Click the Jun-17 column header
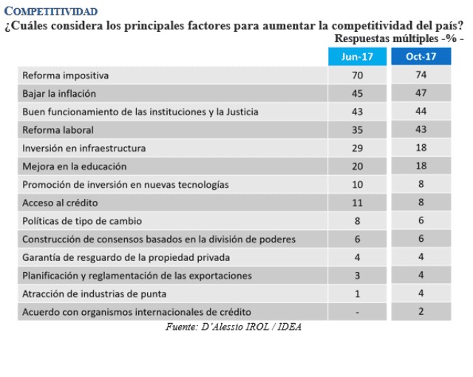[x=358, y=56]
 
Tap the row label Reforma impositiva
[x=66, y=75]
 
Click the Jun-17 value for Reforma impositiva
[x=358, y=75]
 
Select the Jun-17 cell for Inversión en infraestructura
[x=358, y=148]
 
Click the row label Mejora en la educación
[x=75, y=166]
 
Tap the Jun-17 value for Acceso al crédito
[x=358, y=203]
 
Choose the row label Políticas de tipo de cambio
[x=82, y=220]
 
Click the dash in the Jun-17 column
[x=358, y=312]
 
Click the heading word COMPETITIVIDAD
[x=50, y=13]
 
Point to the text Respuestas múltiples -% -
[x=399, y=38]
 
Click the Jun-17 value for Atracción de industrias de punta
[x=358, y=293]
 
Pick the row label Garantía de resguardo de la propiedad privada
[x=126, y=257]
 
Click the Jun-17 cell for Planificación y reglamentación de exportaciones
[x=358, y=275]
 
